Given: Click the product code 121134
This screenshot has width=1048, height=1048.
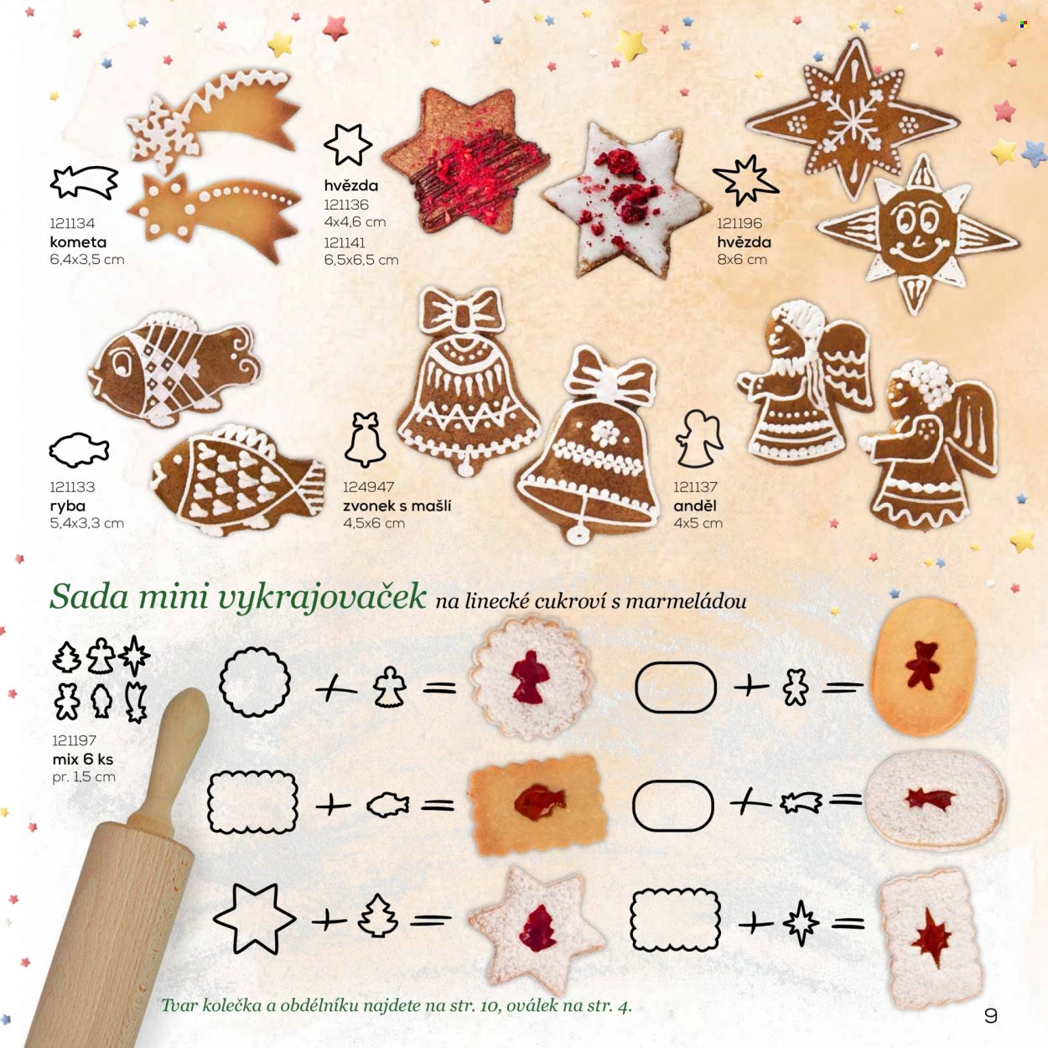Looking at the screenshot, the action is point(72,223).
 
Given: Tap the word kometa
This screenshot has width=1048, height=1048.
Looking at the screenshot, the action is point(78,241).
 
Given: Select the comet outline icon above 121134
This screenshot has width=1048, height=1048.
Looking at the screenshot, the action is point(85,183).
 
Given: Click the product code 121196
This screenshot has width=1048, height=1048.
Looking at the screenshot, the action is point(739,223).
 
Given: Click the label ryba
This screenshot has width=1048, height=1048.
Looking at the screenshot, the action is point(67,506).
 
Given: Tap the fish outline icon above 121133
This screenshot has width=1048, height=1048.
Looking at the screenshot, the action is point(80,450).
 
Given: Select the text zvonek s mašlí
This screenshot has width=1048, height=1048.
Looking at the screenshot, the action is point(397,506).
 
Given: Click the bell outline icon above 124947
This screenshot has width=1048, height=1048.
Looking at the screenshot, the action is point(365,439).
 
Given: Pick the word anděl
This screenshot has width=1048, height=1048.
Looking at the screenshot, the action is point(695,506).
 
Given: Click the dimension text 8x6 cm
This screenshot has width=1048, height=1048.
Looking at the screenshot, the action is point(742,259).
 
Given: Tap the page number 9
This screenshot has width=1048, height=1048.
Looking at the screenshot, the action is point(991,1016).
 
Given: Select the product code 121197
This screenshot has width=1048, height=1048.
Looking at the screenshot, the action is point(74,739).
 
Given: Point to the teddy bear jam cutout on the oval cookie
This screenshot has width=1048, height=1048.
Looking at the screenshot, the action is point(923,665).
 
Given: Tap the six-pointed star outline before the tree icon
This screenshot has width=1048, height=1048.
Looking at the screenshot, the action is point(254,919).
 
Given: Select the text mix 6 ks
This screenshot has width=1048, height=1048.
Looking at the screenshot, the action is point(83,758).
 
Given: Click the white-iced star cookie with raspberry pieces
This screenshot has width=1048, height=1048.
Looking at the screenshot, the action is point(625,199).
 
